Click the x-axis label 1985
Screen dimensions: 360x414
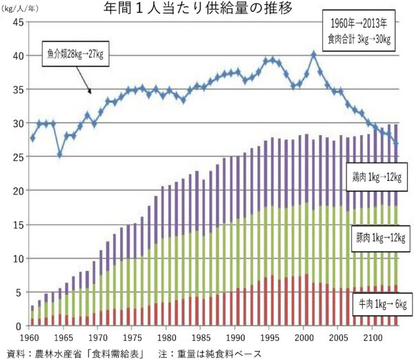click(199, 338)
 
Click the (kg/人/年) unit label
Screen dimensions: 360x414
click(22, 9)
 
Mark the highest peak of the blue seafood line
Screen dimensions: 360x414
click(313, 53)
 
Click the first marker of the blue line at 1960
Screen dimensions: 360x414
click(32, 139)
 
